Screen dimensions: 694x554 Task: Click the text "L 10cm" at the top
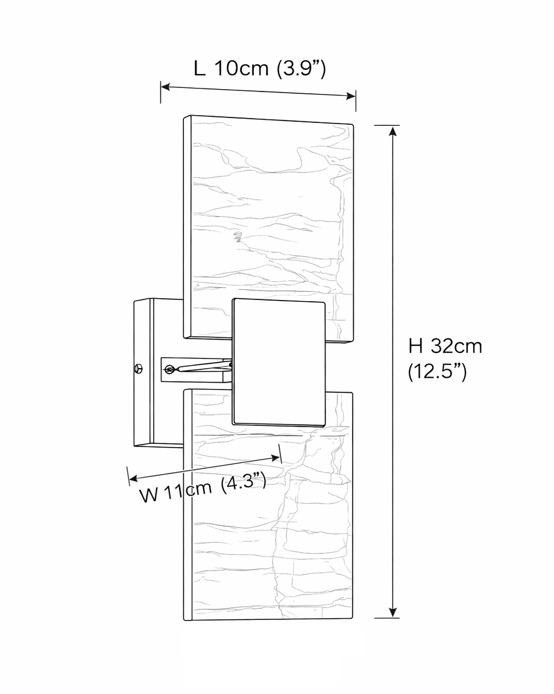tap(231, 69)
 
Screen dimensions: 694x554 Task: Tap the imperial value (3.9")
tap(301, 69)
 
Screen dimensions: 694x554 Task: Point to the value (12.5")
tap(437, 372)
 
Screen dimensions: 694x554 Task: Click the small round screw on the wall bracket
tap(139, 368)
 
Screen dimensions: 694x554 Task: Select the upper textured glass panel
tap(265, 211)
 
